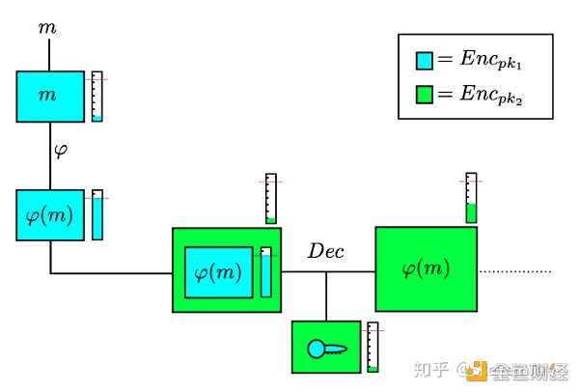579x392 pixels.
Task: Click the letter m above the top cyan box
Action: coord(46,26)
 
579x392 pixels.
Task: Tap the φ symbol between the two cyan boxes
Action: coord(61,151)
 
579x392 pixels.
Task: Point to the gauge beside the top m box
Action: coord(96,98)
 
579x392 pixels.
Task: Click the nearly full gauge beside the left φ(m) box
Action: coord(96,214)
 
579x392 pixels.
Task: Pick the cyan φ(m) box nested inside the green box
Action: coord(219,272)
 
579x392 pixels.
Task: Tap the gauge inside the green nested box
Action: coord(265,272)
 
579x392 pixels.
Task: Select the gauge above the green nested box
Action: coord(271,198)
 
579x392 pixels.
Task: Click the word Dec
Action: coord(325,252)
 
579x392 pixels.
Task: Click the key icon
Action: coord(320,349)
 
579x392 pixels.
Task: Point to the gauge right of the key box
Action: coord(372,347)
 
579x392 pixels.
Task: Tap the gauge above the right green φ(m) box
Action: coord(471,197)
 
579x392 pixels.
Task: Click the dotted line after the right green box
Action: coord(516,272)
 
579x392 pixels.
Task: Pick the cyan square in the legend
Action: coord(425,60)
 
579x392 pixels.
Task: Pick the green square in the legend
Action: coord(425,95)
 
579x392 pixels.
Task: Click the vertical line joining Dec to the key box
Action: coord(326,295)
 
